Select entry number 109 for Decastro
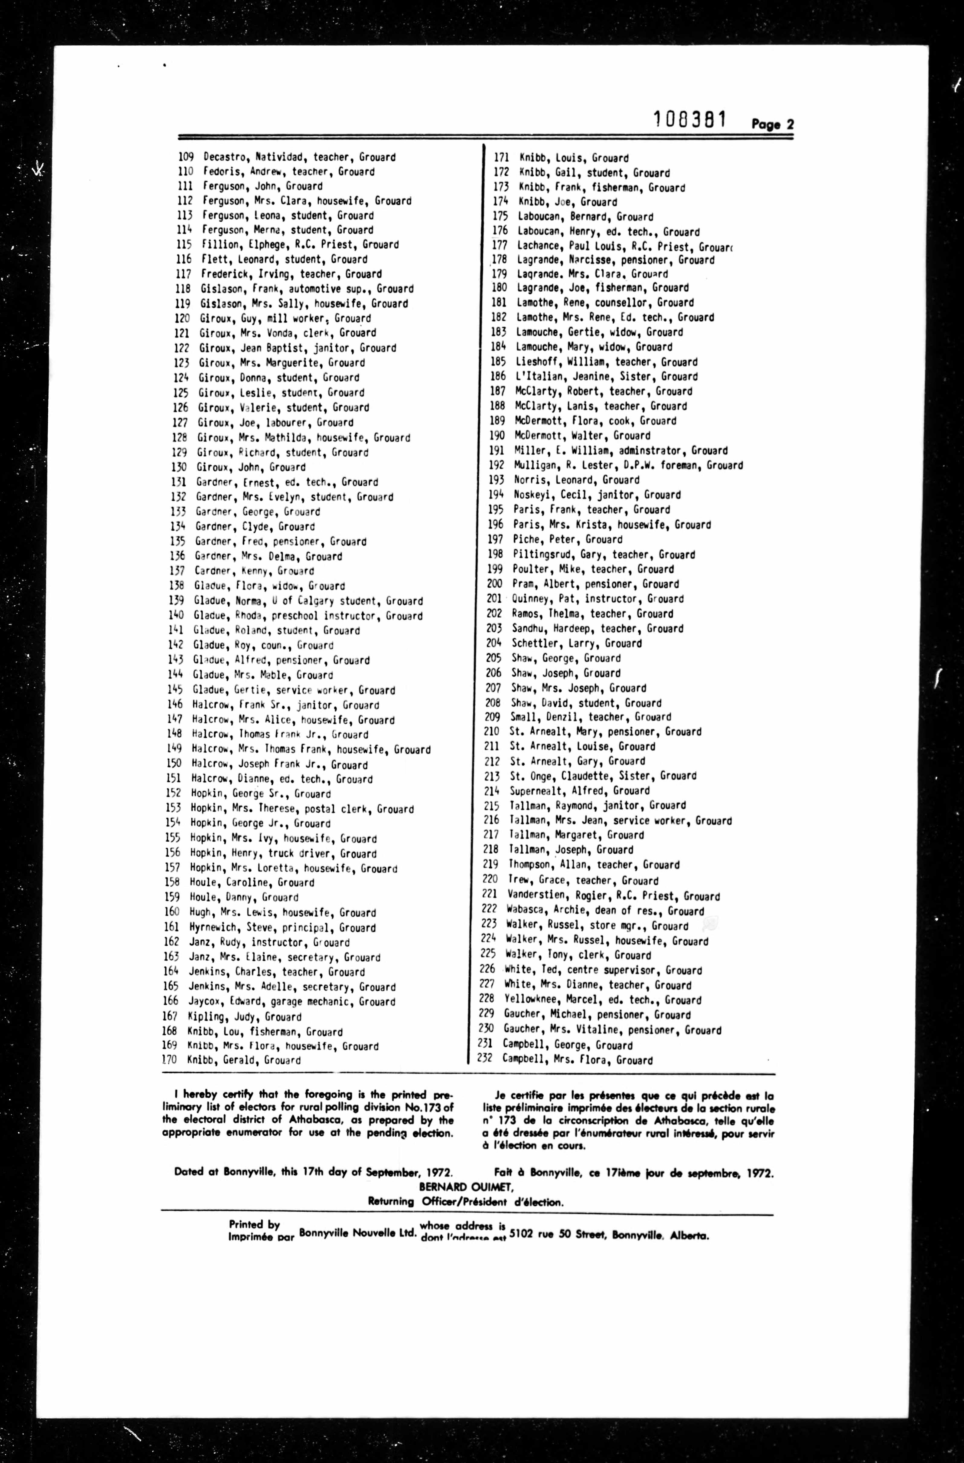point(186,157)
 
